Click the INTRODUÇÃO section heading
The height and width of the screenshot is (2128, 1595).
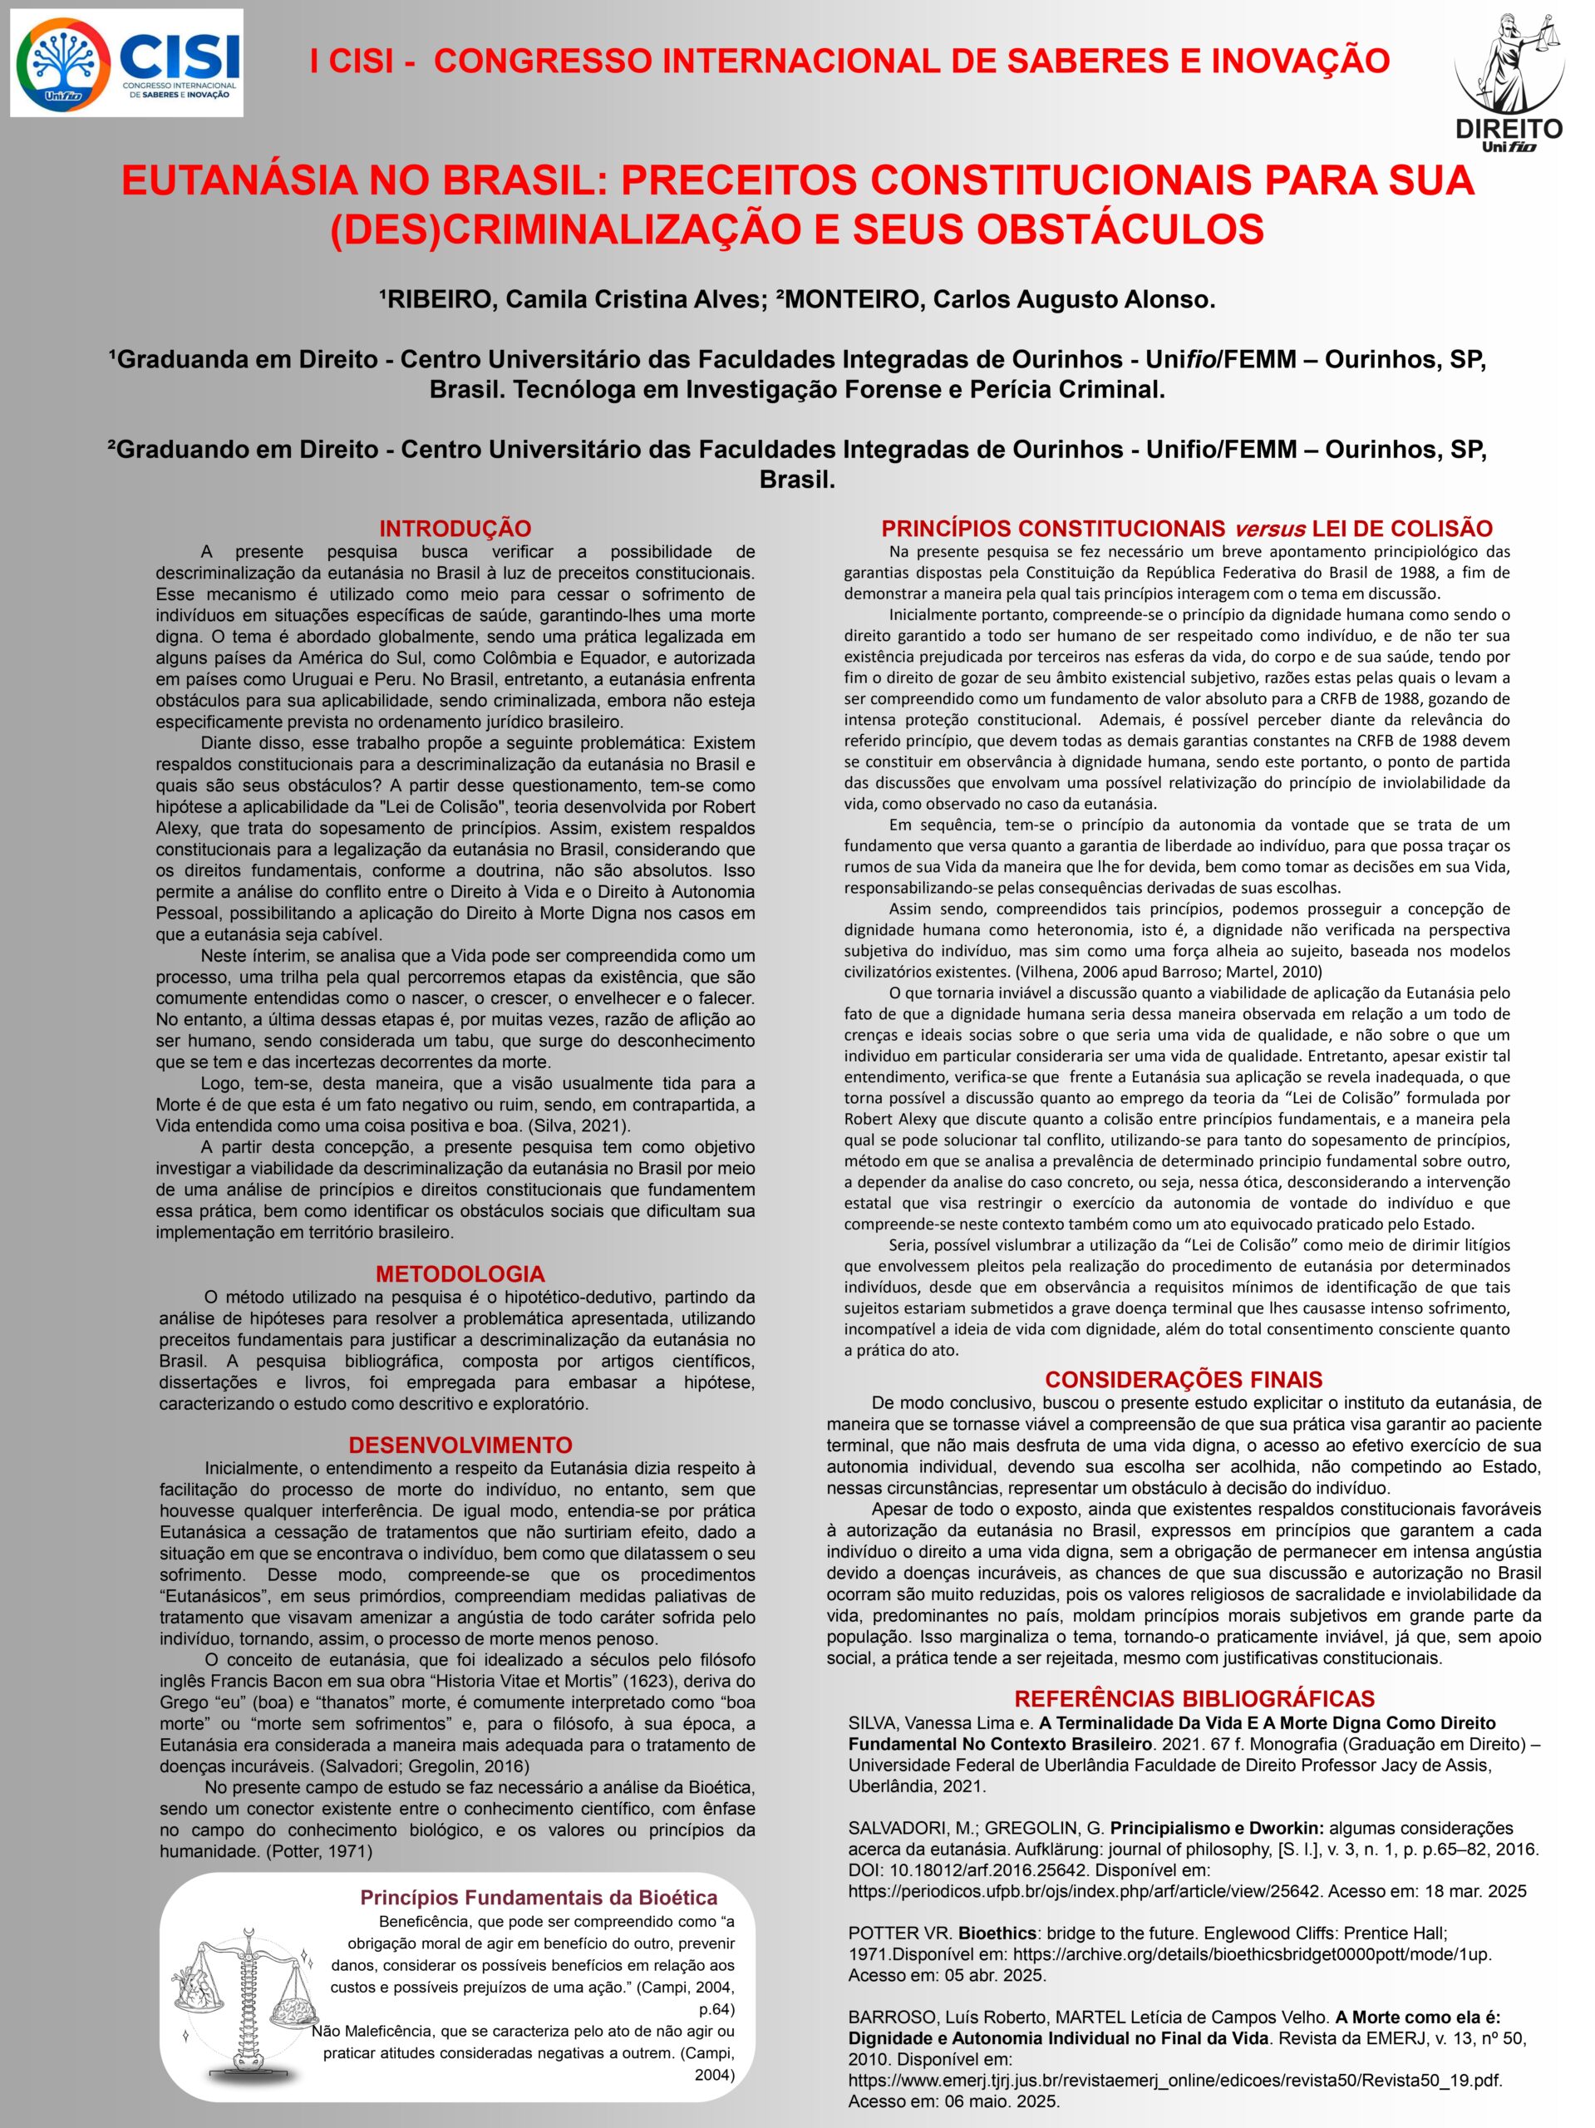point(455,528)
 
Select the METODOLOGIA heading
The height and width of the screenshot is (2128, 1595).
point(460,1273)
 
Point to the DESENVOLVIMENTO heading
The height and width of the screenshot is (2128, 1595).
point(460,1445)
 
